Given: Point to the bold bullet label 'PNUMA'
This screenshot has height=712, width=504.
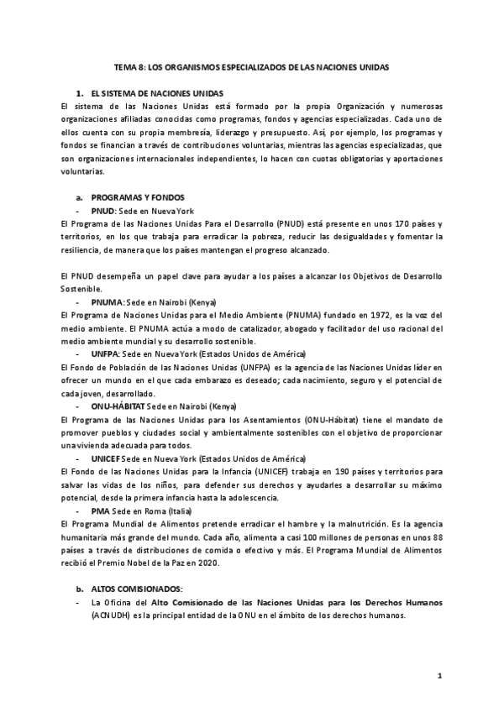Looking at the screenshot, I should pos(107,301).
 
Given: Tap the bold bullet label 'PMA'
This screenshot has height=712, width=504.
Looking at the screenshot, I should pos(100,510).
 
